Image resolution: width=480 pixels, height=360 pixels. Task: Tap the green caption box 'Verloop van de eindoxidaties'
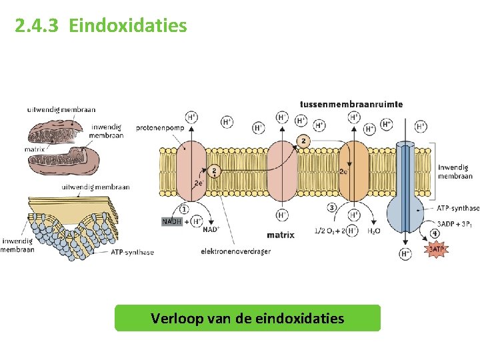tap(247, 318)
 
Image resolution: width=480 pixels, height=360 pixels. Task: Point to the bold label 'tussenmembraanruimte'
tap(351, 104)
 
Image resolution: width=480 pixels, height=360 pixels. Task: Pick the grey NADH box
tap(171, 221)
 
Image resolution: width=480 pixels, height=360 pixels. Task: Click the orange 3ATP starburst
tap(435, 249)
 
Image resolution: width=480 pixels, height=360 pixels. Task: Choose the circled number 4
tap(434, 233)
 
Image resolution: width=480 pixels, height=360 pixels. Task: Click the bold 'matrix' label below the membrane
tap(281, 235)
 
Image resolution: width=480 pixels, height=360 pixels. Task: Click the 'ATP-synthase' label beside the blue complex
tap(458, 209)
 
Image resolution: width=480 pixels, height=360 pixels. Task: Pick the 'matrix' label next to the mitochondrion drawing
tap(35, 149)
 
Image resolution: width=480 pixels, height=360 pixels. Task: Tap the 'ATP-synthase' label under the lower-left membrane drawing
tap(132, 252)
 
